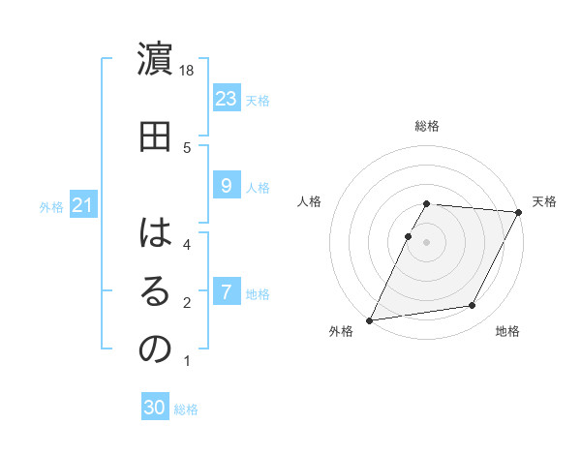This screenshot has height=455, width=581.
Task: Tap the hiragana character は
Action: click(155, 233)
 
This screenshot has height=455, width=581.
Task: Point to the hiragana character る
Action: click(155, 291)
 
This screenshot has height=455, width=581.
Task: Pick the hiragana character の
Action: click(155, 349)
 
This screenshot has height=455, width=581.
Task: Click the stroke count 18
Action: click(188, 71)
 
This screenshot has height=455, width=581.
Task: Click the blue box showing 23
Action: click(227, 99)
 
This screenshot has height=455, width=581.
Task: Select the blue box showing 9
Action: click(226, 186)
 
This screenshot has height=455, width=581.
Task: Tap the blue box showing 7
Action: click(226, 292)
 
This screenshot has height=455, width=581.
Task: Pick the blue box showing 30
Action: click(155, 409)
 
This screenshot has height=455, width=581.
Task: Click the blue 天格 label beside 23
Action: click(258, 101)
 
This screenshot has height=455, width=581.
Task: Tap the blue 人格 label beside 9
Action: click(258, 188)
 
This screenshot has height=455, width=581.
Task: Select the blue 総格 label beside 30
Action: click(186, 410)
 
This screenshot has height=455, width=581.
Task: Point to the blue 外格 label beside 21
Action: click(51, 207)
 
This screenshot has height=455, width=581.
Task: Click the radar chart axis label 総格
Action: click(427, 126)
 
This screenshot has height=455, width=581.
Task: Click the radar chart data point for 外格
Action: click(369, 319)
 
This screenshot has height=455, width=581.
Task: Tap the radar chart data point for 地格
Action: click(473, 306)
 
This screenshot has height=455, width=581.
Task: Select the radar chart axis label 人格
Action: click(310, 201)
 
